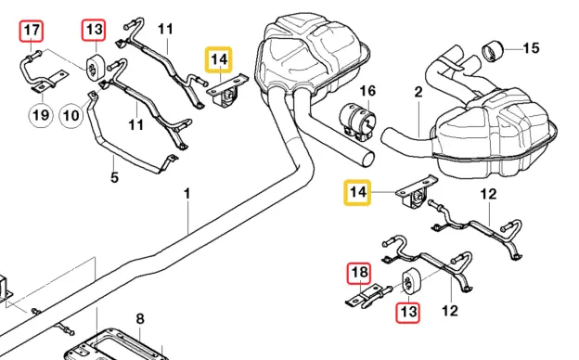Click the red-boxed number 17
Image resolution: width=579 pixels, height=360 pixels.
[32, 32]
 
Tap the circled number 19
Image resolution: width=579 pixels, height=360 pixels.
[40, 115]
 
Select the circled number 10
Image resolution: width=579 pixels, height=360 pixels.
[71, 115]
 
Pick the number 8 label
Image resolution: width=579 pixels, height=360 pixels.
[140, 319]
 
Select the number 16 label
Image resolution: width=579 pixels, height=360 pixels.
[367, 90]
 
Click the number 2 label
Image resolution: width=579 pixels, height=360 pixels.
[418, 92]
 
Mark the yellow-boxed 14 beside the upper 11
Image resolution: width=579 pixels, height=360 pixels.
[219, 61]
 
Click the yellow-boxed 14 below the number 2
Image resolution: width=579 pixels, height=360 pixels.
[359, 193]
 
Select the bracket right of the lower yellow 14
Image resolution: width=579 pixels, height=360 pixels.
[415, 195]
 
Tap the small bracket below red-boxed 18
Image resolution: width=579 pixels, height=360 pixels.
[365, 298]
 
